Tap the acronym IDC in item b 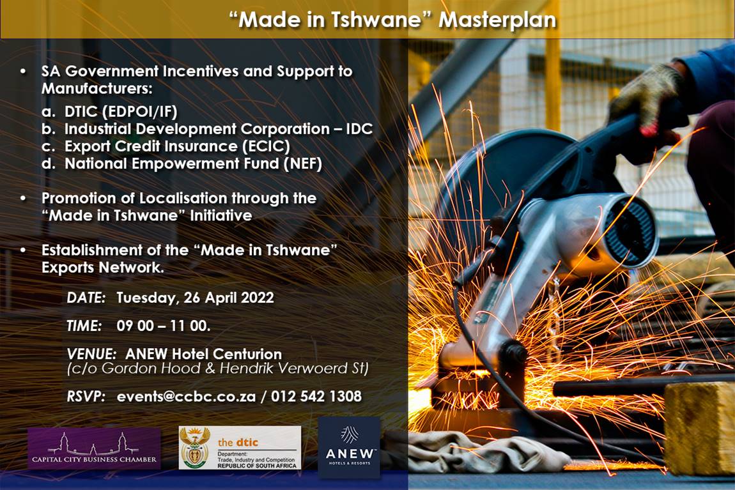pos(359,129)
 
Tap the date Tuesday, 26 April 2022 pos(195,298)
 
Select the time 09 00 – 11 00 pos(164,326)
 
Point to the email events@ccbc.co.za pos(186,397)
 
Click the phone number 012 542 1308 pos(316,397)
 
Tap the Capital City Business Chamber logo pos(94,448)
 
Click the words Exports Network pos(102,268)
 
